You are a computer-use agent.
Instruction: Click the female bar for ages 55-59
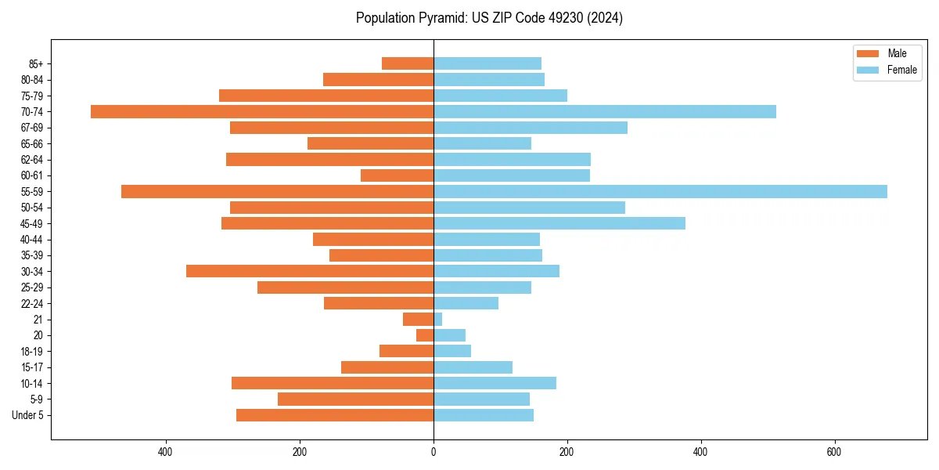pyautogui.click(x=660, y=192)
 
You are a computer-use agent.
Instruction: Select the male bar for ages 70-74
pyautogui.click(x=262, y=112)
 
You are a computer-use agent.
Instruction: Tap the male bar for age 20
pyautogui.click(x=425, y=335)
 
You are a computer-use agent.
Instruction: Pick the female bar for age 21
pyautogui.click(x=438, y=320)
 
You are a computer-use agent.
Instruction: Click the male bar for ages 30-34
pyautogui.click(x=310, y=272)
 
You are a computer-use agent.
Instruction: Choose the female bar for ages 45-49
pyautogui.click(x=559, y=224)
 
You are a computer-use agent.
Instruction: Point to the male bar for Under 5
pyautogui.click(x=335, y=415)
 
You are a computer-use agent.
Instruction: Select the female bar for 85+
pyautogui.click(x=487, y=63)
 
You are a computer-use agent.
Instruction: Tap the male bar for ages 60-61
pyautogui.click(x=397, y=175)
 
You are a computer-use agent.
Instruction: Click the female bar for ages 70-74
pyautogui.click(x=605, y=112)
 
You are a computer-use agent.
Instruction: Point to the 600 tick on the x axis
pyautogui.click(x=834, y=452)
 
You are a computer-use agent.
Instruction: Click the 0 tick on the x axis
pyautogui.click(x=434, y=452)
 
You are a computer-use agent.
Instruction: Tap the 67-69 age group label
pyautogui.click(x=32, y=128)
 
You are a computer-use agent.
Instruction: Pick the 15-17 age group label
pyautogui.click(x=32, y=367)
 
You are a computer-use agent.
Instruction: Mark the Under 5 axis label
pyautogui.click(x=28, y=415)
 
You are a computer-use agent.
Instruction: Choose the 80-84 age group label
pyautogui.click(x=32, y=80)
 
